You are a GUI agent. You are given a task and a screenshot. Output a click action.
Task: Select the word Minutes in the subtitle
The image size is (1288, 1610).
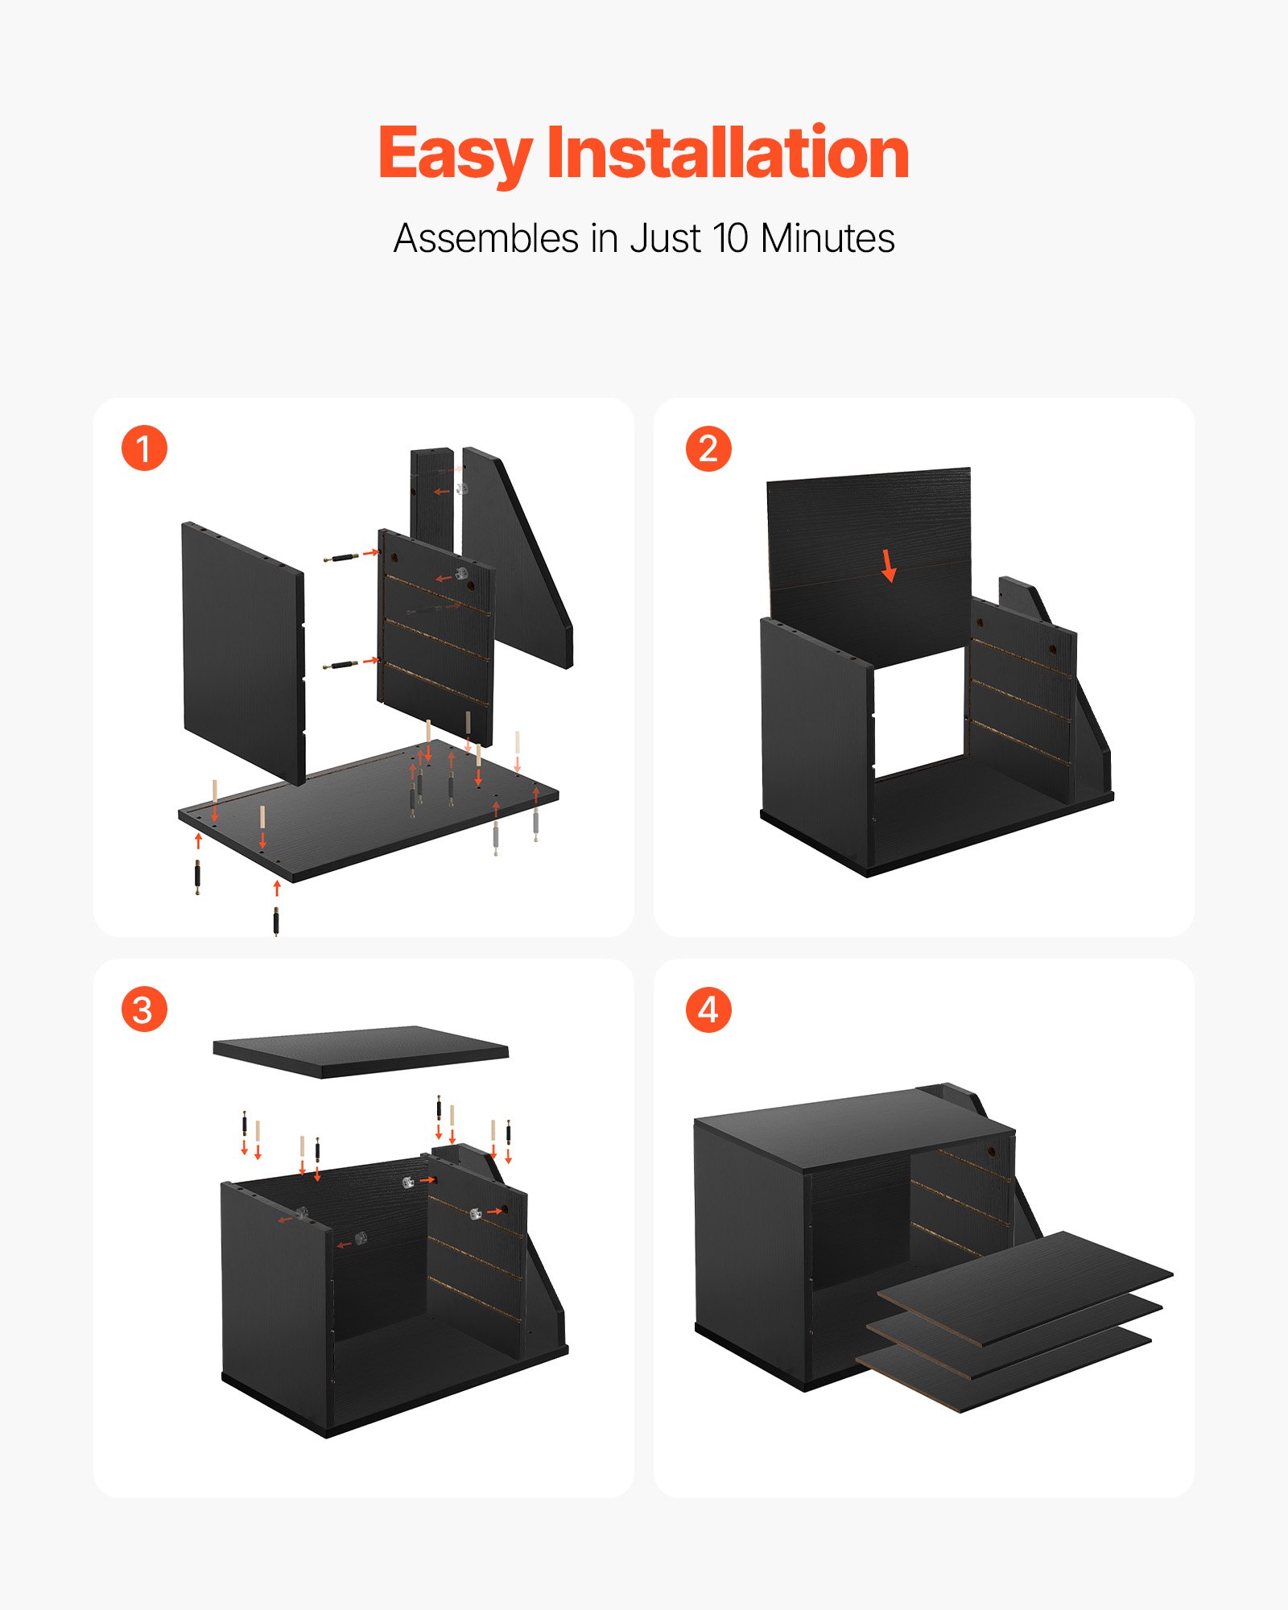(x=827, y=238)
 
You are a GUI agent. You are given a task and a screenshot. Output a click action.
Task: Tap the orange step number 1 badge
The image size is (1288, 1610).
(x=144, y=448)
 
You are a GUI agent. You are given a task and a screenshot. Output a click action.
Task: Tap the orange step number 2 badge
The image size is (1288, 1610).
(x=708, y=448)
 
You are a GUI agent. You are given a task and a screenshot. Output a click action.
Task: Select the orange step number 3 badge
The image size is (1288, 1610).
(x=144, y=1009)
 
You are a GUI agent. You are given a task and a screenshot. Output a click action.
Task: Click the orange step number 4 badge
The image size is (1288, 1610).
(x=708, y=1009)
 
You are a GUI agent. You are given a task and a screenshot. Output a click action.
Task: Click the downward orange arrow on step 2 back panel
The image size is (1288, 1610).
(x=889, y=566)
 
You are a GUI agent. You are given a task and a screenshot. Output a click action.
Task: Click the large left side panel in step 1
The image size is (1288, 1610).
(x=242, y=652)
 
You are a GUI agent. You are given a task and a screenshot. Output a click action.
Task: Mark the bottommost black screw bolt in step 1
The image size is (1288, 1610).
(x=276, y=921)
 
